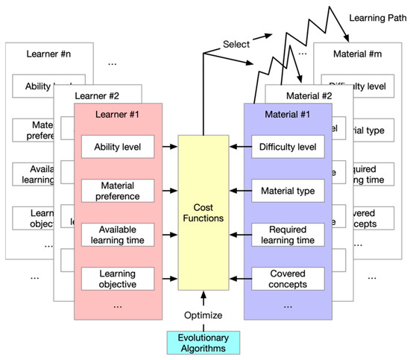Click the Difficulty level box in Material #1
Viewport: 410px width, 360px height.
tap(287, 147)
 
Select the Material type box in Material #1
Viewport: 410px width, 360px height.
tap(287, 191)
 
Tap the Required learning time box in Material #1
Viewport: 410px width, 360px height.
tap(287, 235)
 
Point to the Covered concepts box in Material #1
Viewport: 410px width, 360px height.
tap(287, 279)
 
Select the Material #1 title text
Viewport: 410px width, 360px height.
tap(287, 116)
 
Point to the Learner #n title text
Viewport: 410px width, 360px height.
tap(49, 54)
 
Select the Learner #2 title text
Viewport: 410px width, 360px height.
tap(98, 95)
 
